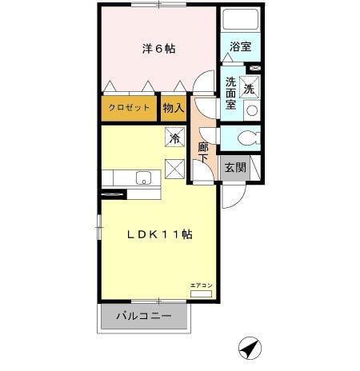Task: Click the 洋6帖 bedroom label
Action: point(158,50)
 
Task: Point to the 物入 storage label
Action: point(173,106)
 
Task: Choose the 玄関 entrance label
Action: point(234,167)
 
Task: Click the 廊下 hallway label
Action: point(203,153)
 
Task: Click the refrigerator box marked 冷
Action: point(175,137)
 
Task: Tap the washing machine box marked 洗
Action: point(250,88)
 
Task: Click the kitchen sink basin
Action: point(144,177)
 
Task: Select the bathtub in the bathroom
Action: point(238,20)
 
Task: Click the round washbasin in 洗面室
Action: point(251,110)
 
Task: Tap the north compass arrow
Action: point(250,348)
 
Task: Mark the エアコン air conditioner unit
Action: point(201,293)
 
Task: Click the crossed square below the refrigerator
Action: point(174,169)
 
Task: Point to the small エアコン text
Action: point(201,285)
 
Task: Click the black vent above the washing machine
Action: point(254,70)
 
